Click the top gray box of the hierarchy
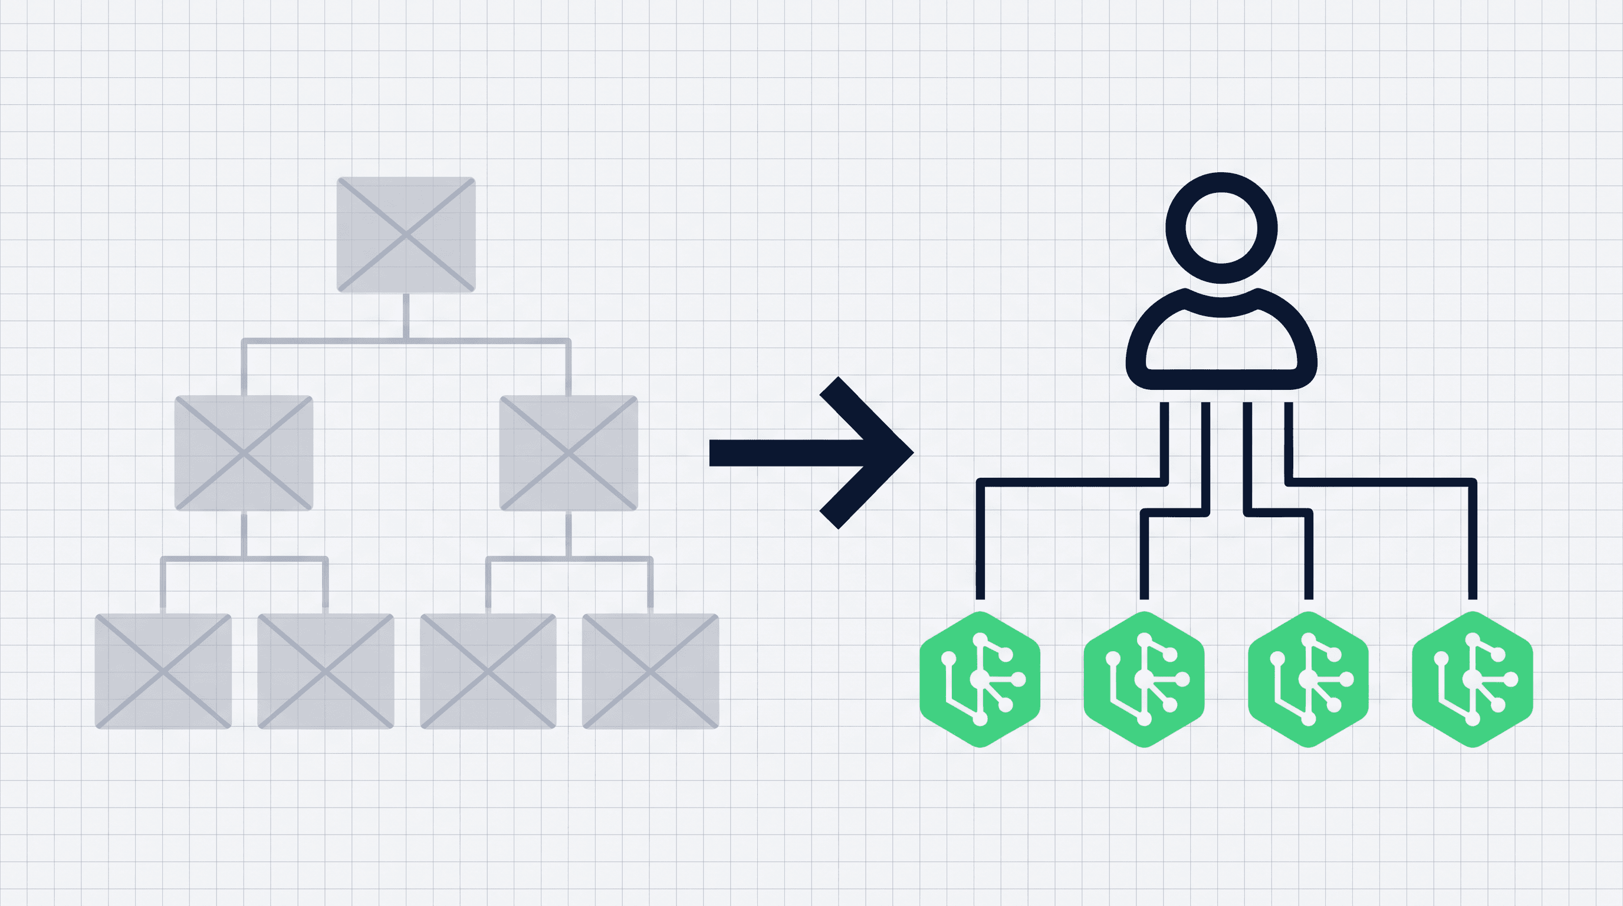406,234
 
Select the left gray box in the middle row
244,452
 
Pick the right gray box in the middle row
569,452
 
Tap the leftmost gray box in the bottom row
163,671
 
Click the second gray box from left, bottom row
326,671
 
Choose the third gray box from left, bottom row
488,671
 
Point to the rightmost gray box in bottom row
650,671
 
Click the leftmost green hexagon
980,679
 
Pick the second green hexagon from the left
1144,679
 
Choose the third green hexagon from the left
1308,679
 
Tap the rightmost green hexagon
1473,679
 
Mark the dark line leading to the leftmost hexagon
980,542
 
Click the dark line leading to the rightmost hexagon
1473,542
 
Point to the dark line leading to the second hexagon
1145,554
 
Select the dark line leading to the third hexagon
1309,554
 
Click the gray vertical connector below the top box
406,316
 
